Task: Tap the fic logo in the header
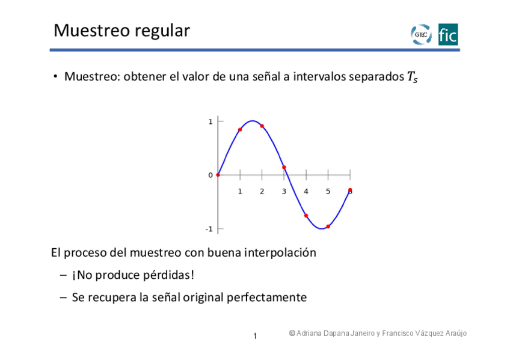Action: coord(448,34)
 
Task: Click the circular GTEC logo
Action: coord(421,34)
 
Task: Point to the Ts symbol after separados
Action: coord(413,77)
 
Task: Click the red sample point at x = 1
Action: coord(240,130)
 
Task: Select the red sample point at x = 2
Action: coord(262,126)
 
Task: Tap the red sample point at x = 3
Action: coord(284,167)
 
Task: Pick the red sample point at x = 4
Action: coord(306,216)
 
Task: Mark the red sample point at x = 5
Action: coord(328,227)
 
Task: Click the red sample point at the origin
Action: coord(218,175)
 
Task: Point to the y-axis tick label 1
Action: coord(210,122)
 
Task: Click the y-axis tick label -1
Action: coord(209,230)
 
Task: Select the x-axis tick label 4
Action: coord(306,191)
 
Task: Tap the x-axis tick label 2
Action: coord(262,191)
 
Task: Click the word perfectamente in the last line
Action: coord(266,297)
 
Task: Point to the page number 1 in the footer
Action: coord(255,336)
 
